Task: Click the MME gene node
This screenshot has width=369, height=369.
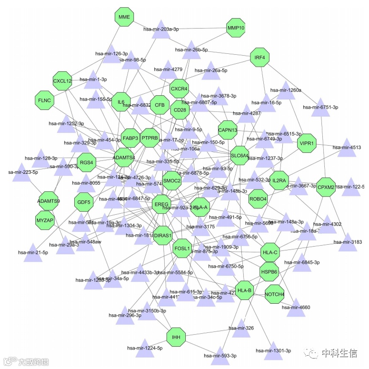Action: (x=124, y=17)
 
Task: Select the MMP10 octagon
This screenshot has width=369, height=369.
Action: (x=236, y=28)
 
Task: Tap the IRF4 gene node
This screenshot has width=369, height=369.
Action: (x=259, y=58)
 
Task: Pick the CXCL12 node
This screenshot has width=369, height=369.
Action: (x=62, y=81)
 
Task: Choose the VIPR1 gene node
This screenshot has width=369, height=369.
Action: (x=306, y=143)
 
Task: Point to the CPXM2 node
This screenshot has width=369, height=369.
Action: (x=326, y=187)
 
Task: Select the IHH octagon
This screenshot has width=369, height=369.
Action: (x=176, y=338)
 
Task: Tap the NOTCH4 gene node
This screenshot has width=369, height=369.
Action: (x=274, y=294)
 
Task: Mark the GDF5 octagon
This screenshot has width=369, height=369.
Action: (x=84, y=202)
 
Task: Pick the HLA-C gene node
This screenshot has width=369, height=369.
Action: (x=269, y=252)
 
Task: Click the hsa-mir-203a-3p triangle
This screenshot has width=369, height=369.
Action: (x=161, y=28)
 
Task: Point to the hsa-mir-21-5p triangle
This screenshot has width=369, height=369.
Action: (x=33, y=251)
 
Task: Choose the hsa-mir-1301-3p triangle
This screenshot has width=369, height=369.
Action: (x=274, y=349)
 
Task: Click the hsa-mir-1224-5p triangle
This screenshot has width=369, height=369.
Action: (x=142, y=347)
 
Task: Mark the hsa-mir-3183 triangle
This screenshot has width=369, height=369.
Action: (x=348, y=241)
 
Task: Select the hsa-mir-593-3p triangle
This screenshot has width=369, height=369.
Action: (x=219, y=354)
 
